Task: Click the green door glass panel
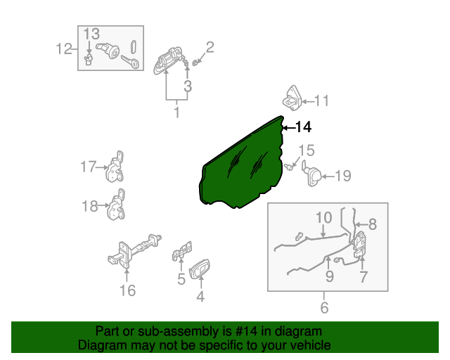click(x=243, y=165)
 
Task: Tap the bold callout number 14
click(x=302, y=127)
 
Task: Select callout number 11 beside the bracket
click(x=321, y=101)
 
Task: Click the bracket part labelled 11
click(x=293, y=98)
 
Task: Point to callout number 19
click(x=342, y=176)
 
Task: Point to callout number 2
click(x=210, y=48)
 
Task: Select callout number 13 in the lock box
click(x=92, y=34)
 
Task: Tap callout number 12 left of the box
click(x=64, y=49)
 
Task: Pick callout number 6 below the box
click(x=324, y=307)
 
